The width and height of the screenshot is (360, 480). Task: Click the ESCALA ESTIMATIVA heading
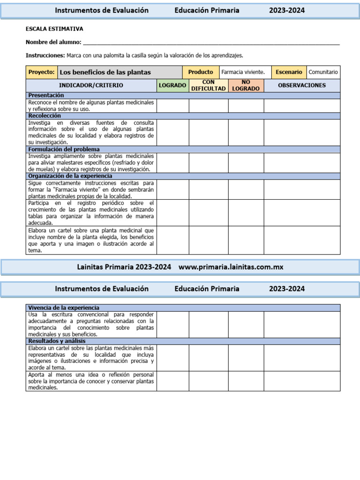coord(54,29)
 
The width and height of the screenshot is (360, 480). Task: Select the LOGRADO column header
coord(172,85)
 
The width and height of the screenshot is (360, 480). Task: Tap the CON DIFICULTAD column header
coord(209,85)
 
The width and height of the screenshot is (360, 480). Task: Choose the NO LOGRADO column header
coord(246,85)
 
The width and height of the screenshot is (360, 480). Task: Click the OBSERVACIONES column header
coord(302,85)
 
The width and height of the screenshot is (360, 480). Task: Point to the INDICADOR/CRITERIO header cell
coord(91,85)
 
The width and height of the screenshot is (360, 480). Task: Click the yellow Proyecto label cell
coord(42,72)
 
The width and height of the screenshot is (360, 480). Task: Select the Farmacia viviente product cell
coord(243,72)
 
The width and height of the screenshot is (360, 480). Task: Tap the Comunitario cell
coord(323,72)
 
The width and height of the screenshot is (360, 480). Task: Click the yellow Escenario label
coord(289,72)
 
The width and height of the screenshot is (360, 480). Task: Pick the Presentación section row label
coord(46,95)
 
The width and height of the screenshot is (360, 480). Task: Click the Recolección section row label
coord(45,115)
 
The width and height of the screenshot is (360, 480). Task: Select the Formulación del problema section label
coord(64,150)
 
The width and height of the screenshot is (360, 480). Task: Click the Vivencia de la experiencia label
coord(64,307)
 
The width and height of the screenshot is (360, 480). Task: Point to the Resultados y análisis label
coord(57,341)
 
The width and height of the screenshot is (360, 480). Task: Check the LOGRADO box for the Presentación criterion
coord(172,105)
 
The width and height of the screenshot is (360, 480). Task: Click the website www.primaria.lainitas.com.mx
coord(231,267)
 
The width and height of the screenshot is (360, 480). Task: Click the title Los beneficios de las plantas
coord(105,72)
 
